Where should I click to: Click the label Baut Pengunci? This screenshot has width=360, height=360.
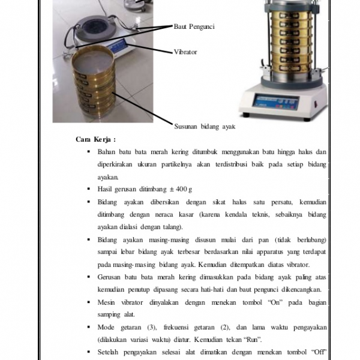click(x=194, y=26)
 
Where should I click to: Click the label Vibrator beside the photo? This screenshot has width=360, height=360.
click(x=185, y=52)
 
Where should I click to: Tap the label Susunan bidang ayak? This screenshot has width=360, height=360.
click(x=203, y=127)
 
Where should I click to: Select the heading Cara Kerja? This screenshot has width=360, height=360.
click(x=95, y=139)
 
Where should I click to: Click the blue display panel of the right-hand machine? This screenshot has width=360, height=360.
click(x=268, y=101)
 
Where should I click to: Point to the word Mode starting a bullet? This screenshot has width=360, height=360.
click(x=106, y=327)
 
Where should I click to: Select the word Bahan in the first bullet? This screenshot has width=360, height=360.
click(x=107, y=152)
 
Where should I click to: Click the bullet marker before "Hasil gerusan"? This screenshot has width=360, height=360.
click(x=88, y=189)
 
